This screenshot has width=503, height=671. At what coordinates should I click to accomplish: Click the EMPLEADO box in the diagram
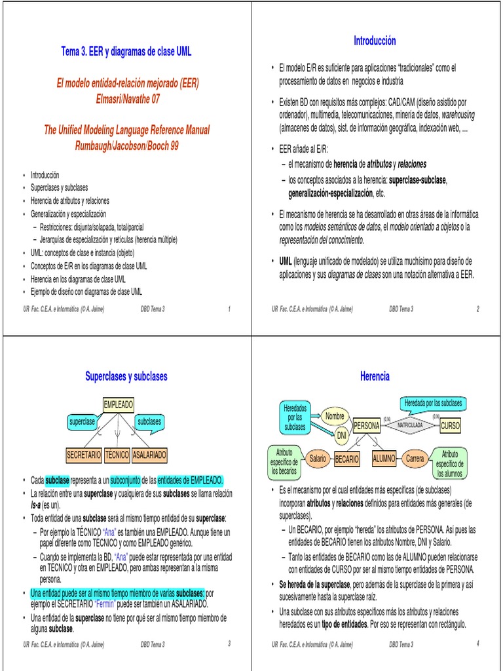coord(118,404)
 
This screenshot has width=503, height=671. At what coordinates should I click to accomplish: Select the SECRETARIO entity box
coord(84,454)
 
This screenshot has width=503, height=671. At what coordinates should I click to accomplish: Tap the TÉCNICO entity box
coord(117,454)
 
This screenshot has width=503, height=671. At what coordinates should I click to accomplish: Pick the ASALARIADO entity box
coord(149,454)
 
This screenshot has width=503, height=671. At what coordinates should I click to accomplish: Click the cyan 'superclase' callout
coord(82,421)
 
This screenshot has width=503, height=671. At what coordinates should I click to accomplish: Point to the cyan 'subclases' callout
coord(149,421)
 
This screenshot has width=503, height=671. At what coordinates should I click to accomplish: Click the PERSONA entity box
coord(367,426)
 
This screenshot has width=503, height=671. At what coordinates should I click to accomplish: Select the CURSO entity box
coord(451,426)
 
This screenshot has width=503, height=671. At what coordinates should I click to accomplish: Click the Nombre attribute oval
coord(335,416)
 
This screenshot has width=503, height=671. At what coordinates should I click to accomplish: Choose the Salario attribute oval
coord(318,459)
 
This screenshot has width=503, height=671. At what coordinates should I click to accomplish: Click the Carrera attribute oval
coord(415,459)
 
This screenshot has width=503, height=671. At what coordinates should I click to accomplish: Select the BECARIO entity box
coord(347,459)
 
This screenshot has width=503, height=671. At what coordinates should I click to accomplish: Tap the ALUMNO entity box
coord(384,459)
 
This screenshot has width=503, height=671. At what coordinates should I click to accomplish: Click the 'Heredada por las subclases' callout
coord(433,402)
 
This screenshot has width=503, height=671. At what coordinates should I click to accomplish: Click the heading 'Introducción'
coord(375,41)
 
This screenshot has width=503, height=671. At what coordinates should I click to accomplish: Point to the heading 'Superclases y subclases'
coord(126,376)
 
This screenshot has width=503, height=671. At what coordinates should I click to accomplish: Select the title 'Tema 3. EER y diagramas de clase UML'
coord(126,51)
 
